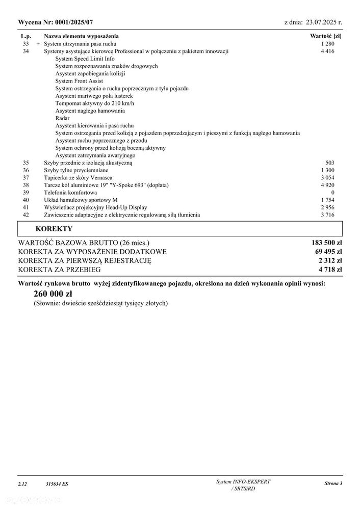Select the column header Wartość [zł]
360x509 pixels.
click(x=326, y=36)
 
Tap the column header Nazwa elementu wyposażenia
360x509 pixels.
click(x=81, y=36)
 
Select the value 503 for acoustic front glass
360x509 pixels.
click(x=330, y=163)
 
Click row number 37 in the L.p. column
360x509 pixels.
click(x=27, y=177)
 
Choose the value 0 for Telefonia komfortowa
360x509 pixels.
click(x=332, y=193)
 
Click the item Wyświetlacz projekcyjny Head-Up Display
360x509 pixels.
click(x=95, y=207)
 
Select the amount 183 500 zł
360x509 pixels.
click(x=326, y=243)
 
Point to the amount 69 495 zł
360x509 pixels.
click(x=328, y=252)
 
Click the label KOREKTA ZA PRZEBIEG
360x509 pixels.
click(x=59, y=270)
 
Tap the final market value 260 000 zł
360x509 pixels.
click(x=53, y=294)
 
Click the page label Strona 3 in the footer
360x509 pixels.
click(x=333, y=483)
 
